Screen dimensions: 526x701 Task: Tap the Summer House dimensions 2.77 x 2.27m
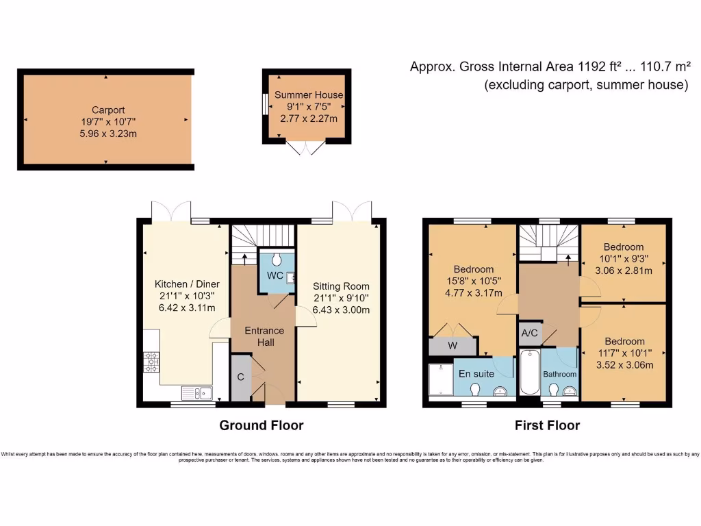309,118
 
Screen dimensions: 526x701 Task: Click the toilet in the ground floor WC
277,258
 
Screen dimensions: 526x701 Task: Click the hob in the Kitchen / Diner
151,361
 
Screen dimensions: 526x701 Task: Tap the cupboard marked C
240,377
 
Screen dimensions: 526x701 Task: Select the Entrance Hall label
264,336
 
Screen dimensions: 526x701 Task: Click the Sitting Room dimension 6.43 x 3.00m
341,310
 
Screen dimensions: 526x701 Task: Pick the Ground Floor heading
261,425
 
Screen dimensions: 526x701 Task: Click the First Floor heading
547,425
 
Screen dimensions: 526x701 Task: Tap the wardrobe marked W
452,346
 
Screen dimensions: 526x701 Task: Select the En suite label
476,374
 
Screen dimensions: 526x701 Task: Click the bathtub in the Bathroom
529,373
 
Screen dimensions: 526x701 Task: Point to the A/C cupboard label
529,334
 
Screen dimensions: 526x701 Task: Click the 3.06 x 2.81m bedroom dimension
623,270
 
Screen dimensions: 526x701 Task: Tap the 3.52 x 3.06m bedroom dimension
624,364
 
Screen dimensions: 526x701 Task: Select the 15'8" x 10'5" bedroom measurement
473,281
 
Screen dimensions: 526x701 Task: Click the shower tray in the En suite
440,379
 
